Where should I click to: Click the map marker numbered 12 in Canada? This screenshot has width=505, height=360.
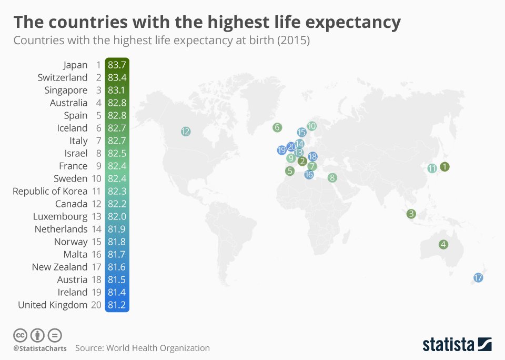point(185,132)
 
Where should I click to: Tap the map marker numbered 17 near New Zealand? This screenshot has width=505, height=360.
point(478,278)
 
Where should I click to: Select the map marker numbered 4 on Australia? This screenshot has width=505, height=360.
point(443,244)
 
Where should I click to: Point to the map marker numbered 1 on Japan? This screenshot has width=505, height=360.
point(445,167)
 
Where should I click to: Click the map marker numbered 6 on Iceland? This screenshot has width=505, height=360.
point(277,127)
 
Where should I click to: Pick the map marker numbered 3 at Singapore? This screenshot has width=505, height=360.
point(411,214)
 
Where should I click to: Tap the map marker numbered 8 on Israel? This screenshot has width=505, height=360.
point(332,178)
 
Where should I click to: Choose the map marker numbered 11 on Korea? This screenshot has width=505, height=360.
point(432,168)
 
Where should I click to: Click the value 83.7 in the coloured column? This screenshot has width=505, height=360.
point(117,65)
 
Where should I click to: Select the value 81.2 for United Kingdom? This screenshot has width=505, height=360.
point(117,305)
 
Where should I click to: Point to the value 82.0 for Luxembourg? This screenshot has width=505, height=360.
point(117,216)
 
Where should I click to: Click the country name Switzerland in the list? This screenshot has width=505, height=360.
point(63,77)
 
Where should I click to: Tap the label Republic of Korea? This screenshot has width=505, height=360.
point(50,191)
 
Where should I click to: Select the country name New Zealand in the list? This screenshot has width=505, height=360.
point(59,267)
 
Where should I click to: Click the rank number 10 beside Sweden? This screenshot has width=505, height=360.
point(97,178)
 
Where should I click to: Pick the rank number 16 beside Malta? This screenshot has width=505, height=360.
point(97,254)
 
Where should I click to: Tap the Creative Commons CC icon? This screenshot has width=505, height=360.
point(20,335)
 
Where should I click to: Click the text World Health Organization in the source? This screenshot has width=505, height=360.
point(158,348)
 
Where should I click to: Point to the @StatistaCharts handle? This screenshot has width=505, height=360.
point(40,348)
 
